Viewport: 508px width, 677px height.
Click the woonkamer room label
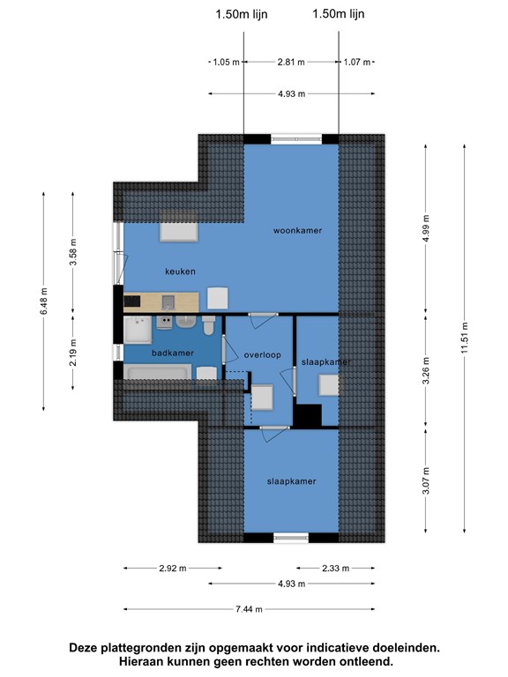click(297, 231)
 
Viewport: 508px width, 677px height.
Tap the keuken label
click(180, 272)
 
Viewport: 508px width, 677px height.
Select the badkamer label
click(172, 353)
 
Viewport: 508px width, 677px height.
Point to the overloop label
click(262, 355)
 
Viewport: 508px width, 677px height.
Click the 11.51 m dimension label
click(465, 338)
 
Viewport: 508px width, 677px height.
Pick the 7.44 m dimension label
click(249, 609)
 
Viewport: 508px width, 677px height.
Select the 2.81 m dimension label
click(291, 63)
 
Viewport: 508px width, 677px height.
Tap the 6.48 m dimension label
click(44, 301)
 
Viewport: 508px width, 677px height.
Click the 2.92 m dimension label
click(173, 569)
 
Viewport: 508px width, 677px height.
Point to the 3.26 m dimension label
click(426, 371)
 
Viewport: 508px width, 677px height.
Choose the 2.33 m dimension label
click(336, 569)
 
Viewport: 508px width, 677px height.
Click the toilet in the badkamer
click(209, 324)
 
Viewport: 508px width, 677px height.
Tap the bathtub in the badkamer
click(158, 372)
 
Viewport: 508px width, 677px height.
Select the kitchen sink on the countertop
click(168, 302)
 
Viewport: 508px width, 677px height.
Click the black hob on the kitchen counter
click(132, 301)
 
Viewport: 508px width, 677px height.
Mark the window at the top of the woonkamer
click(296, 139)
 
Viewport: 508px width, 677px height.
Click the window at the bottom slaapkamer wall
click(291, 538)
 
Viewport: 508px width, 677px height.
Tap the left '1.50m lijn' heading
click(242, 14)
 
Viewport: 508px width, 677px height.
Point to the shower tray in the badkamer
click(138, 330)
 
